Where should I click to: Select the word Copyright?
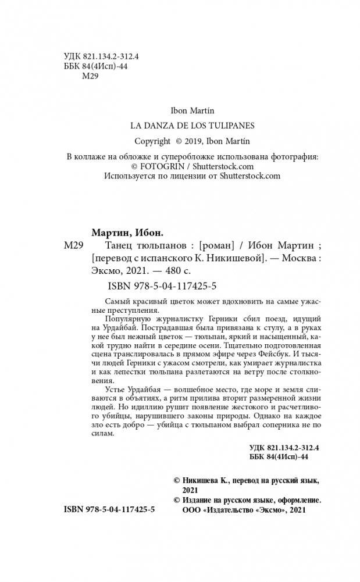pos(152,141)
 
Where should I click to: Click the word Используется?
pos(132,175)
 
